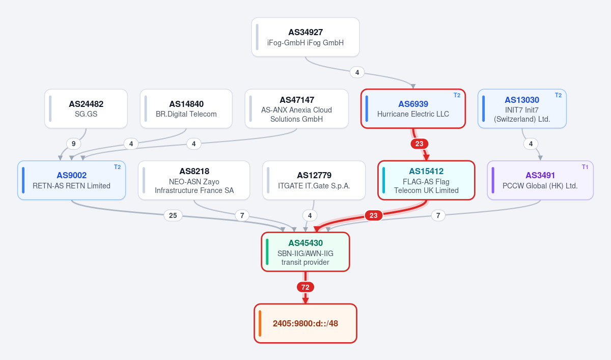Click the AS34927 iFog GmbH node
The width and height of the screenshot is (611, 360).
pyautogui.click(x=305, y=37)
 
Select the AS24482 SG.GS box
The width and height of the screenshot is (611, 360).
pyautogui.click(x=86, y=108)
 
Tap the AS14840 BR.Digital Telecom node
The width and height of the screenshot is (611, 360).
pyautogui.click(x=186, y=108)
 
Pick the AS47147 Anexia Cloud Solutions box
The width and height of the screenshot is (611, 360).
pyautogui.click(x=296, y=108)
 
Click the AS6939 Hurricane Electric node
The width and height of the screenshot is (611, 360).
pyautogui.click(x=413, y=108)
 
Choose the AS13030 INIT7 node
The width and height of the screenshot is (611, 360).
pyautogui.click(x=522, y=108)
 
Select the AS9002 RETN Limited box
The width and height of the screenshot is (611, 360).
pyautogui.click(x=71, y=180)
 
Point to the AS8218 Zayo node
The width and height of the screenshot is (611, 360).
pyautogui.click(x=194, y=180)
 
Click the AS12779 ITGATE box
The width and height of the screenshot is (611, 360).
pyautogui.click(x=314, y=180)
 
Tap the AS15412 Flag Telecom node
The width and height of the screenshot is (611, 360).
pyautogui.click(x=426, y=180)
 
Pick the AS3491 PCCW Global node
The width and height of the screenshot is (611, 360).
pyautogui.click(x=540, y=180)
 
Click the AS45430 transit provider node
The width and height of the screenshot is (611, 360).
pyautogui.click(x=305, y=252)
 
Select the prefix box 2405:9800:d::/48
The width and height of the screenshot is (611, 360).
pyautogui.click(x=305, y=323)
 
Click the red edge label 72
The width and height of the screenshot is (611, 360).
pyautogui.click(x=305, y=287)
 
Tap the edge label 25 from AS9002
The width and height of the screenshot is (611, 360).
pyautogui.click(x=173, y=215)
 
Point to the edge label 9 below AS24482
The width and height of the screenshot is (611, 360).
pyautogui.click(x=73, y=144)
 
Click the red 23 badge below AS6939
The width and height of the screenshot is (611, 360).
pyautogui.click(x=419, y=144)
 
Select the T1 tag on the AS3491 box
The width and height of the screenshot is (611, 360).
pyautogui.click(x=585, y=167)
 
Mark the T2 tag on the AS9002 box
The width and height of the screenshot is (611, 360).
pyautogui.click(x=117, y=167)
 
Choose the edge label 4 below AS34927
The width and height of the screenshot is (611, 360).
pyautogui.click(x=357, y=72)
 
